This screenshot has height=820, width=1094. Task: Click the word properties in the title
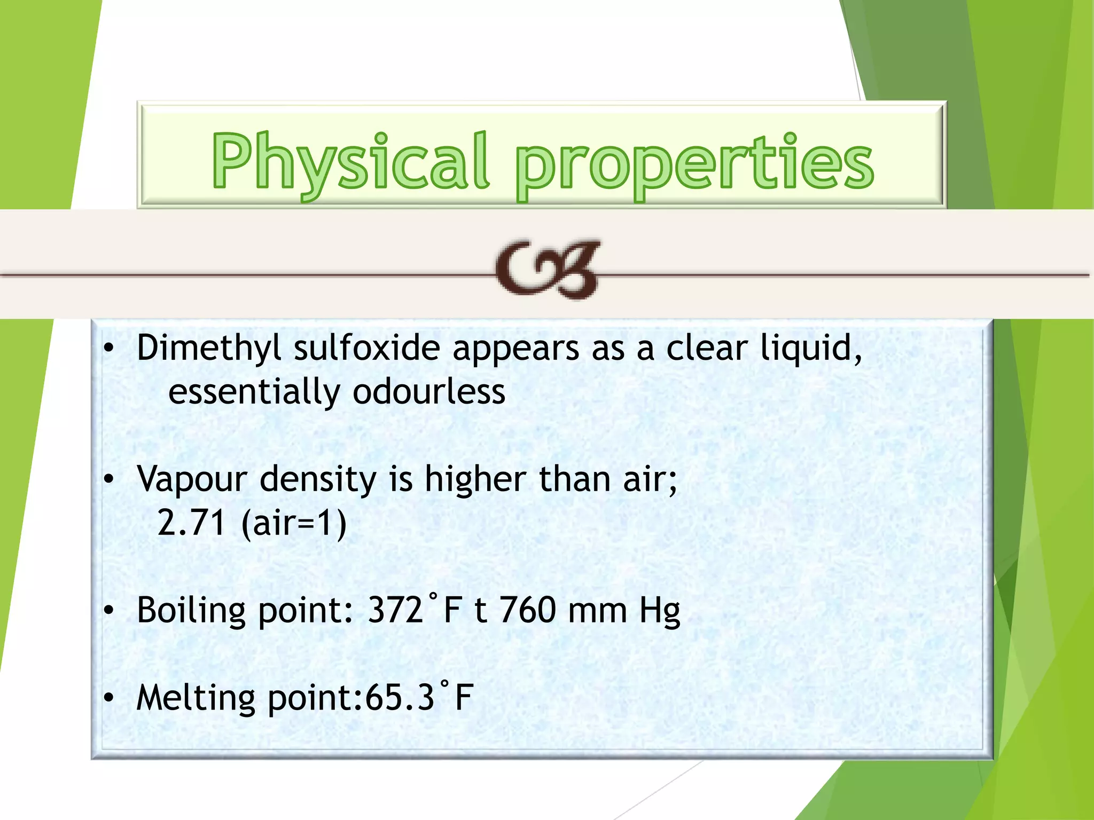point(694,162)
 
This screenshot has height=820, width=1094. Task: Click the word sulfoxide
point(366,348)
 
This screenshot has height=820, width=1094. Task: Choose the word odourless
point(428,392)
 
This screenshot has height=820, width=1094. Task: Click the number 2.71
point(191,523)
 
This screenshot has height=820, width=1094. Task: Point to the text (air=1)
point(294,523)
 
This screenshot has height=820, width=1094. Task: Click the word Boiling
point(191,611)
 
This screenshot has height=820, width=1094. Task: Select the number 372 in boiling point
point(395,610)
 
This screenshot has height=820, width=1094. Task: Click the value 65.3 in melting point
point(400,698)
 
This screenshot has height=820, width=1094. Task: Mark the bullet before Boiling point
point(109,611)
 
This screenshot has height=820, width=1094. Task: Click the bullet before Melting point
point(109,698)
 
